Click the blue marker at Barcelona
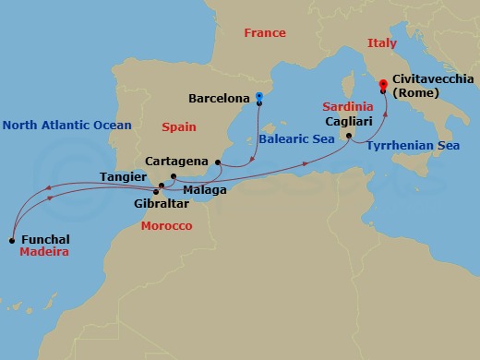tap(259, 97)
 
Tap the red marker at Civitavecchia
tap(383, 86)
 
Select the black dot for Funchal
tap(11, 241)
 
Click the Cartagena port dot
tap(218, 162)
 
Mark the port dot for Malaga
tap(174, 175)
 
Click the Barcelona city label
tap(219, 97)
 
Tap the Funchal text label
tap(46, 240)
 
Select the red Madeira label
tap(45, 252)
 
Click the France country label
tap(264, 33)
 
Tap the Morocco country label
tap(166, 226)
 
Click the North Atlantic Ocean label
tap(66, 125)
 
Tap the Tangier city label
tap(120, 175)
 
